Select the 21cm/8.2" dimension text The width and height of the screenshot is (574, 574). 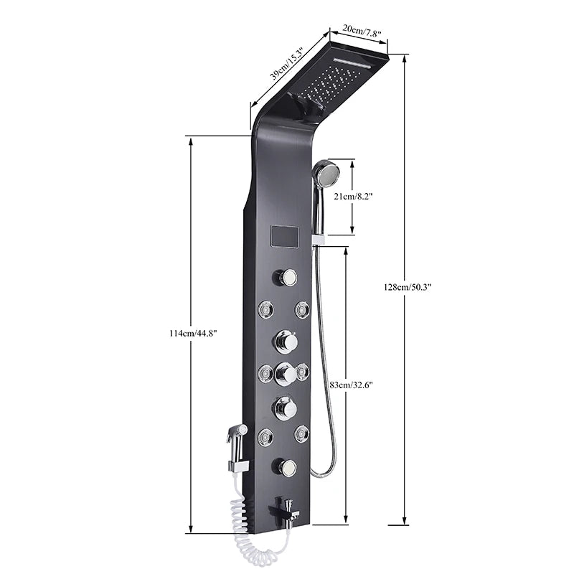(x=354, y=196)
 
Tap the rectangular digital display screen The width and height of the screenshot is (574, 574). (x=282, y=236)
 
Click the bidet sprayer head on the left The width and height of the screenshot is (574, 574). (x=235, y=433)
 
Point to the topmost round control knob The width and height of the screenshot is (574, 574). (x=287, y=276)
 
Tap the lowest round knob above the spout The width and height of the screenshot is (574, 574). (x=286, y=468)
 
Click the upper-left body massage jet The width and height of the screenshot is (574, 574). (x=265, y=310)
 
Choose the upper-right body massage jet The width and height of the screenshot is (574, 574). (x=302, y=309)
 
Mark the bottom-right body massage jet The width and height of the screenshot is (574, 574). (x=301, y=433)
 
